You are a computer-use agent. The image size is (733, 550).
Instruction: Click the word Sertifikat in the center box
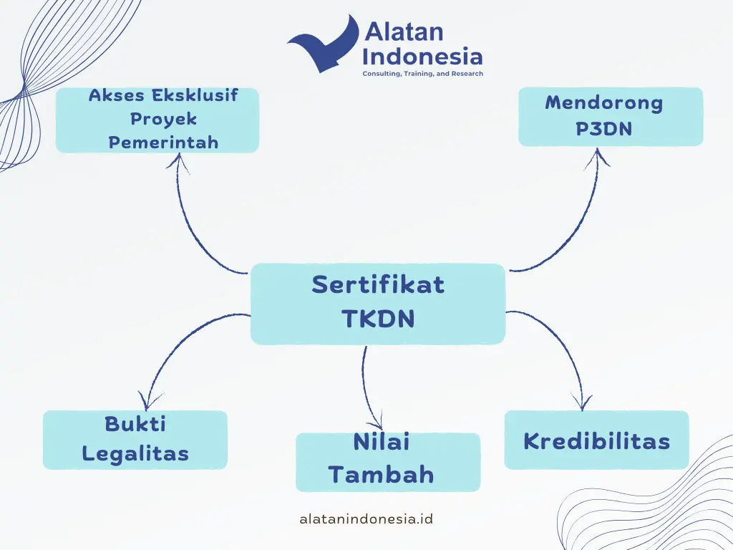(378, 284)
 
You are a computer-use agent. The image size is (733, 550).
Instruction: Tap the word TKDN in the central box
(378, 318)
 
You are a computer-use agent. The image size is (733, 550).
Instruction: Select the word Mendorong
(604, 103)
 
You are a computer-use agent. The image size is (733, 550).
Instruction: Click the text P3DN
(604, 128)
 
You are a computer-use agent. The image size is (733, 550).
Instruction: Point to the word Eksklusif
(195, 95)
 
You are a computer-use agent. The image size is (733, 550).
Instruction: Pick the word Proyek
(164, 119)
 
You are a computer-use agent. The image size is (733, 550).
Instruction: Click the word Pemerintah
(164, 143)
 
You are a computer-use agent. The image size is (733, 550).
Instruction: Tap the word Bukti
(135, 424)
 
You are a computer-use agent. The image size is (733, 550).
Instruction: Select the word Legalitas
(135, 453)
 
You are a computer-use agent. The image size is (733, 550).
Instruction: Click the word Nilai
(382, 442)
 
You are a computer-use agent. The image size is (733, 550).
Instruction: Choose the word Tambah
(382, 474)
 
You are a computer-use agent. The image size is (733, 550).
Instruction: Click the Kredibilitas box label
(596, 441)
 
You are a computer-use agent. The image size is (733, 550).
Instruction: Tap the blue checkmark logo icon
(323, 44)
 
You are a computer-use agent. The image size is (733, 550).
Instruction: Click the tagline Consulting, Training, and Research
(422, 74)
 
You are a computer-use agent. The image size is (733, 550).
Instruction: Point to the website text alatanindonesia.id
(366, 518)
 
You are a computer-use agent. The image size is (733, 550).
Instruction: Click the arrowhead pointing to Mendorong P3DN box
(597, 156)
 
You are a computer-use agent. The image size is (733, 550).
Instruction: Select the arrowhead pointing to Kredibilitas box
(582, 403)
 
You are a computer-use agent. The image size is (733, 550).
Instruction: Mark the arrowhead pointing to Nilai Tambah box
(381, 422)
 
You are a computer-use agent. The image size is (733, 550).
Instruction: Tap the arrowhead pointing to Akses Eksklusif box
(178, 162)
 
